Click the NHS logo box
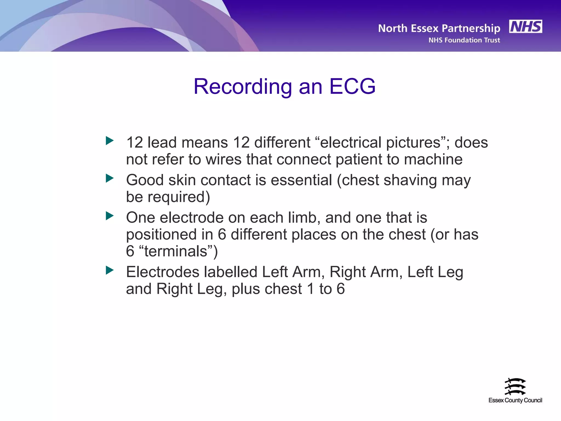pos(525,27)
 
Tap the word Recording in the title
pos(243,87)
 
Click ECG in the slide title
pos(352,87)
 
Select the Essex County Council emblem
pos(515,386)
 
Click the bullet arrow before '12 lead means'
pos(110,141)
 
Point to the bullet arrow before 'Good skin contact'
pos(110,178)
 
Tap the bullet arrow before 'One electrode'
pos(110,216)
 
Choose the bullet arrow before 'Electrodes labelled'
pos(110,271)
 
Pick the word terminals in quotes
pos(176,251)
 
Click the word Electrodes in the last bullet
pos(163,272)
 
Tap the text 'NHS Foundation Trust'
pos(464,40)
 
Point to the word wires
pos(224,160)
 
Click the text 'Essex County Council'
pos(515,400)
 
